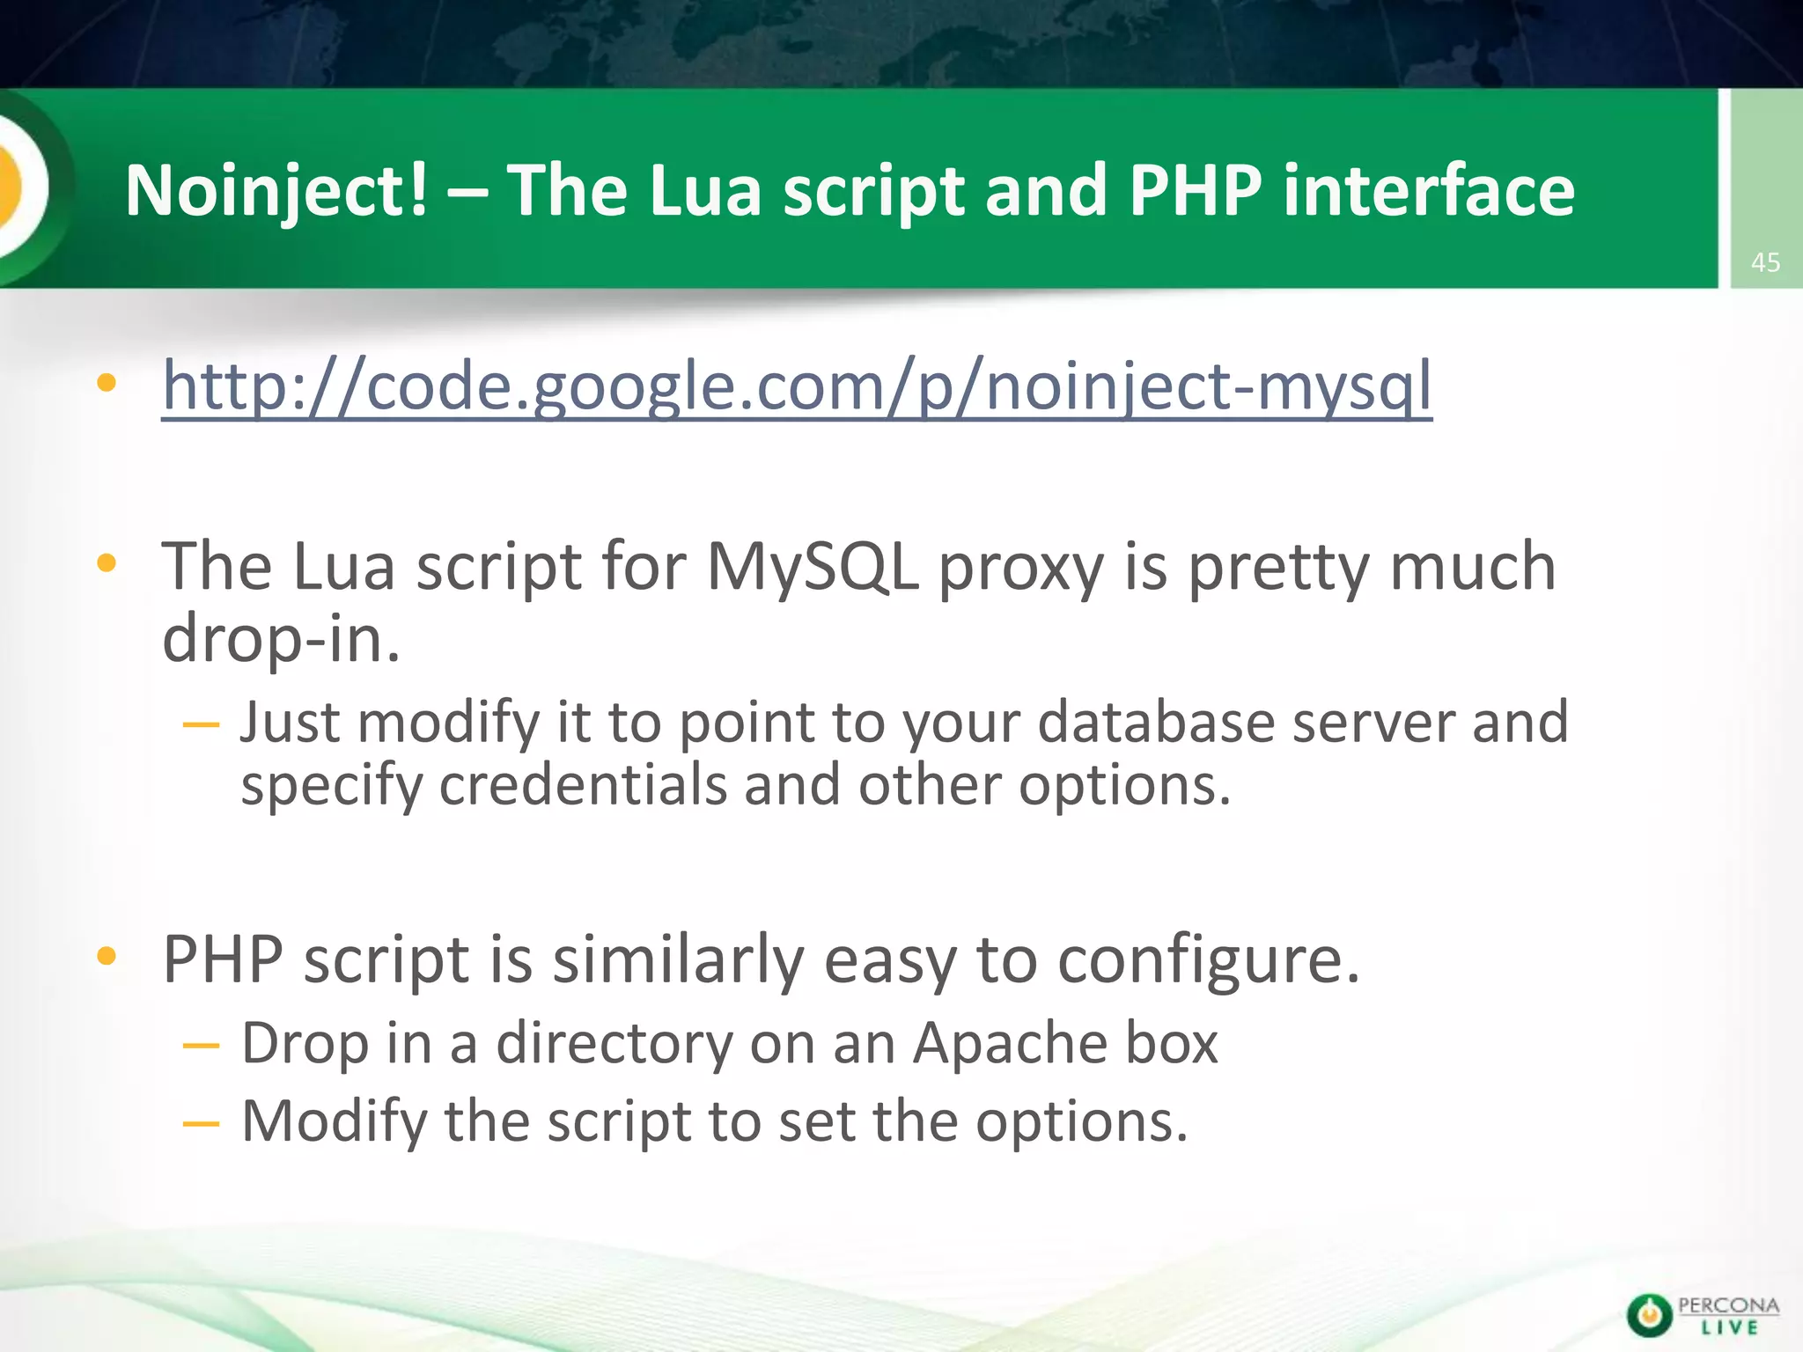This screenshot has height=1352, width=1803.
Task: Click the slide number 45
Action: (x=1765, y=262)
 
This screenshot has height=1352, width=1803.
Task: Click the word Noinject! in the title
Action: (x=276, y=190)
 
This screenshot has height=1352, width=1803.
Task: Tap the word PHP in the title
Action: (x=1195, y=190)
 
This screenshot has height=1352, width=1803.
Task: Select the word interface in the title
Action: (x=1428, y=190)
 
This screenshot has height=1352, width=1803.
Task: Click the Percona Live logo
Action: (x=1703, y=1315)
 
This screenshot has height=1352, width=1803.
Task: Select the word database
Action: (x=1156, y=723)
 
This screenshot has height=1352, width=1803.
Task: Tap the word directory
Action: (x=614, y=1045)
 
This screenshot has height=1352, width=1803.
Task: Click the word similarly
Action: (x=677, y=960)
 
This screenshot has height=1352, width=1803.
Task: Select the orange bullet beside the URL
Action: (x=107, y=382)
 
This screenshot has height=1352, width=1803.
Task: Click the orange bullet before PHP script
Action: (x=107, y=956)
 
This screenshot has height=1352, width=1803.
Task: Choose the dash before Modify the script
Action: (x=201, y=1124)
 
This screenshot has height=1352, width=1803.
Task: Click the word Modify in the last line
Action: (x=334, y=1121)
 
